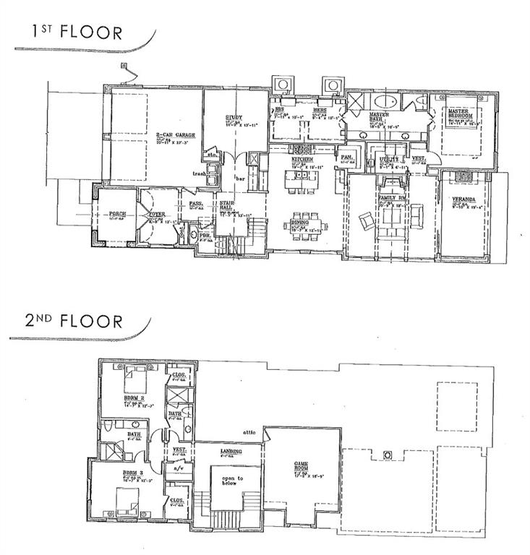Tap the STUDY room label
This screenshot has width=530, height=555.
(x=233, y=117)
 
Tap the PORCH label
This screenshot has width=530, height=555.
(x=118, y=214)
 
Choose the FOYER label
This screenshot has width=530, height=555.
(x=158, y=214)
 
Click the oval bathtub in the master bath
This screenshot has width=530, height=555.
(x=388, y=100)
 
